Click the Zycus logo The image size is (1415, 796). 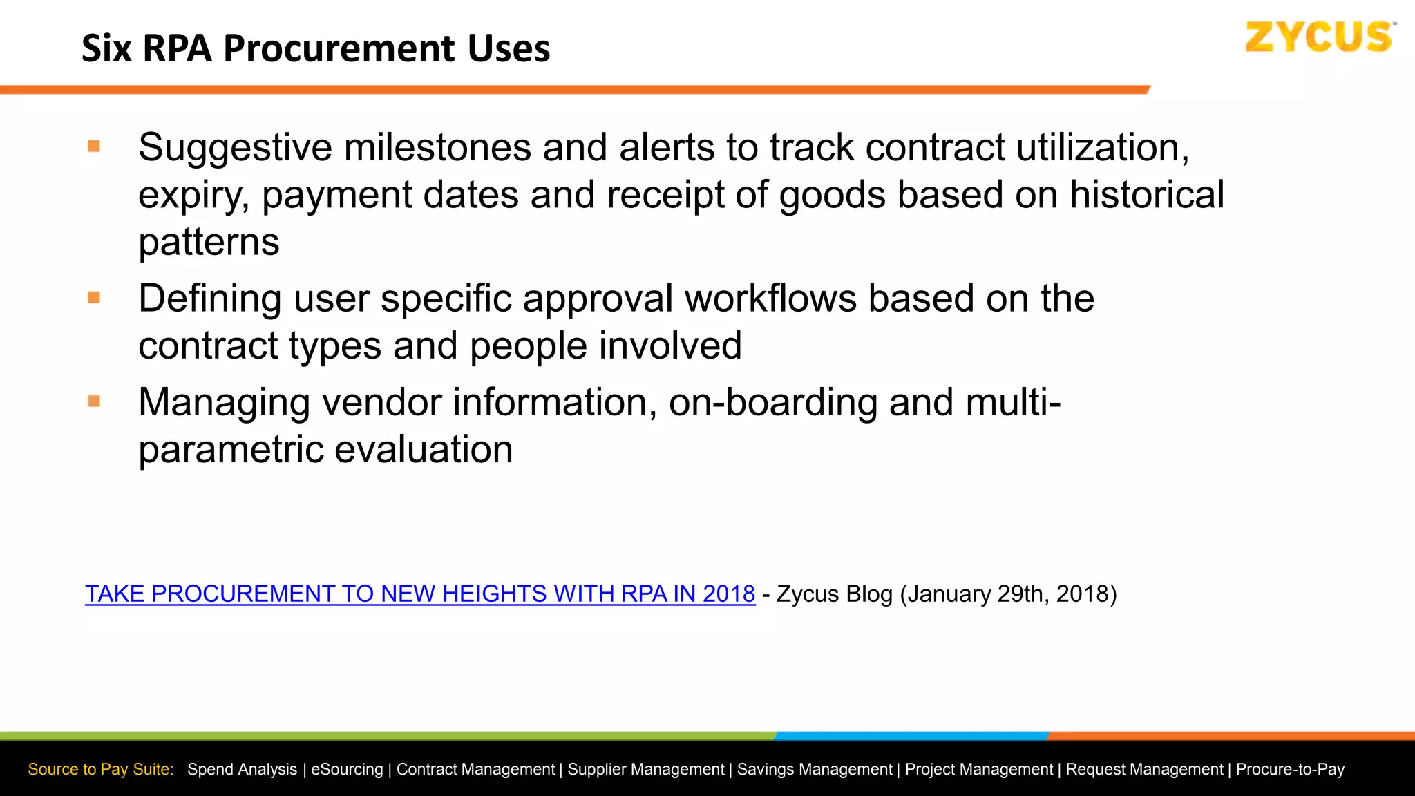pyautogui.click(x=1319, y=37)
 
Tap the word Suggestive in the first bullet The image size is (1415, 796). pyautogui.click(x=235, y=149)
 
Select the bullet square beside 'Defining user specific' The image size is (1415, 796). pyautogui.click(x=95, y=298)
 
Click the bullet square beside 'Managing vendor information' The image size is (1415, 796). pyautogui.click(x=95, y=401)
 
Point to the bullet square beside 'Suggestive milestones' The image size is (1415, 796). pyautogui.click(x=95, y=146)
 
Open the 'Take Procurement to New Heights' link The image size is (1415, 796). pyautogui.click(x=419, y=594)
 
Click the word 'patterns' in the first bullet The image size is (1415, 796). pyautogui.click(x=209, y=243)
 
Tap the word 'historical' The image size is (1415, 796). pyautogui.click(x=1147, y=196)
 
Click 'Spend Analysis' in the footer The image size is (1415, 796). pyautogui.click(x=242, y=769)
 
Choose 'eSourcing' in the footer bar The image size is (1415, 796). pyautogui.click(x=346, y=769)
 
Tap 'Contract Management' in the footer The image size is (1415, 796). pyautogui.click(x=475, y=769)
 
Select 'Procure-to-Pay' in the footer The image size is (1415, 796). pyautogui.click(x=1290, y=769)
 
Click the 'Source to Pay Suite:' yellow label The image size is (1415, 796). pyautogui.click(x=101, y=769)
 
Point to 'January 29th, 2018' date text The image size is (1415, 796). pyautogui.click(x=1008, y=594)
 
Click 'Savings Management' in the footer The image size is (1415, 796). pyautogui.click(x=815, y=769)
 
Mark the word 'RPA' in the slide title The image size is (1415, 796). pyautogui.click(x=177, y=49)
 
